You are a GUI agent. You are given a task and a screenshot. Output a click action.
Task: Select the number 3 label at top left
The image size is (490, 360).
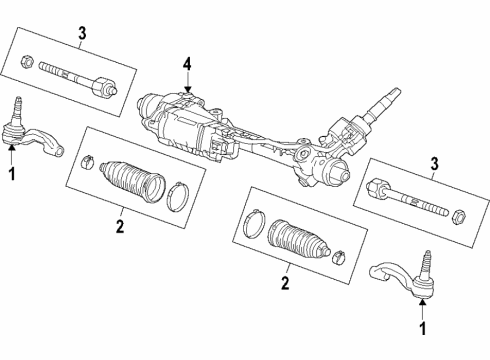click(81, 39)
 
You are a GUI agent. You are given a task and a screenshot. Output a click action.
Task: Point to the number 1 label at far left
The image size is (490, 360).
click(12, 173)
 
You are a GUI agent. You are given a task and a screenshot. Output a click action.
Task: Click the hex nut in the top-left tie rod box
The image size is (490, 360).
click(27, 66)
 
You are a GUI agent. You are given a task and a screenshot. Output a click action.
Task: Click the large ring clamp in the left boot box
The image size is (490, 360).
click(177, 197)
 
